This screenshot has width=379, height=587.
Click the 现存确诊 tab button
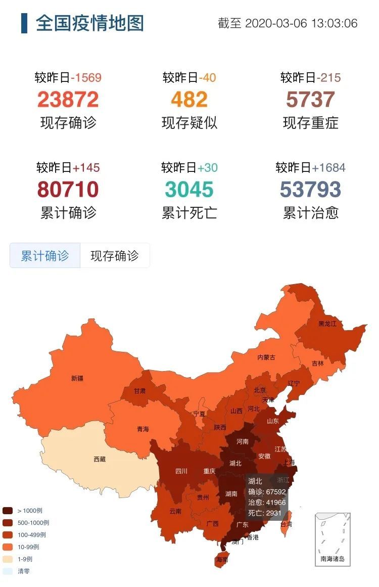coord(114,256)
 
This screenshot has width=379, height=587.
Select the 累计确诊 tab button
coord(45,256)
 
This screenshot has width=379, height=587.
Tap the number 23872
coord(68,100)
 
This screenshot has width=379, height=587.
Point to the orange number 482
coord(189,100)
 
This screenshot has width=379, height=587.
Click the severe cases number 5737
coord(310,100)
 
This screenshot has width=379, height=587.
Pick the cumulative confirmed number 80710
coord(68,190)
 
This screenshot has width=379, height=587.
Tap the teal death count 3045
coord(189,190)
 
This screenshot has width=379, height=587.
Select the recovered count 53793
coord(310,190)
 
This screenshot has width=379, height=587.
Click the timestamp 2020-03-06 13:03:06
coord(301,24)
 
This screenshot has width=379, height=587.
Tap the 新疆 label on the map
coord(77,378)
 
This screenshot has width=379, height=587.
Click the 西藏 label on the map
coord(100,460)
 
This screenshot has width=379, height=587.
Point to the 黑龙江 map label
coord(327,324)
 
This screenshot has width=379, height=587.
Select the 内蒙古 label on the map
coord(266,357)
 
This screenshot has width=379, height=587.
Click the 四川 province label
coord(181,471)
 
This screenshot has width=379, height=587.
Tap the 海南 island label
coord(222,560)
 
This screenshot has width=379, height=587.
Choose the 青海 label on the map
coord(143,429)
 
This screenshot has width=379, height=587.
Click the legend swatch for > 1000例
coord(8,511)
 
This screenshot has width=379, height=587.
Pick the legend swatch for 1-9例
coord(8,559)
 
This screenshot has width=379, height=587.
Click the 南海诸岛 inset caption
coord(333,559)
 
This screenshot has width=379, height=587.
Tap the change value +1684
coord(328,168)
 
